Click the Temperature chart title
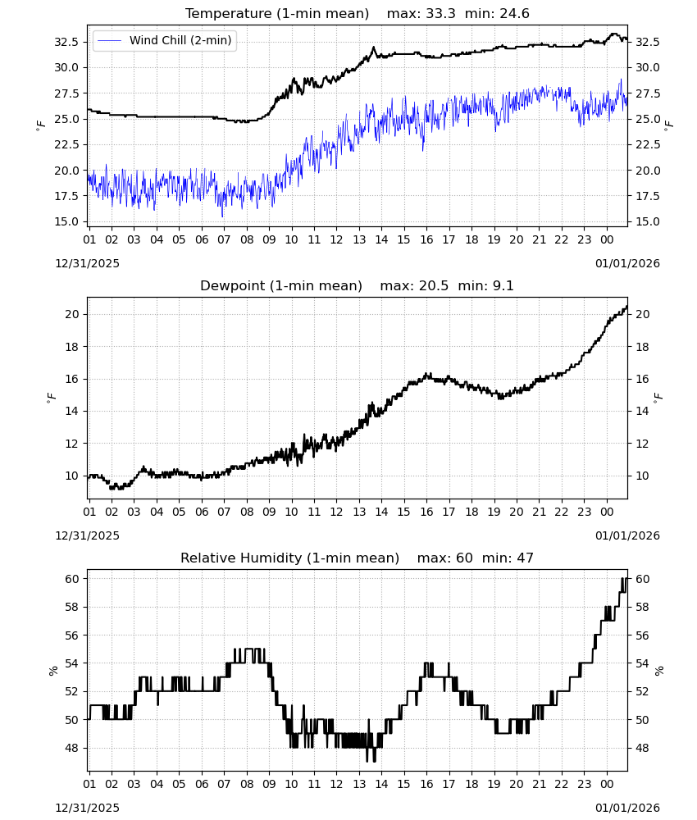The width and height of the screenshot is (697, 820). tap(277, 13)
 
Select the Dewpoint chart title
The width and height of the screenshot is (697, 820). tap(281, 285)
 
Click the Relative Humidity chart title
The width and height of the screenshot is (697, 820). tap(289, 558)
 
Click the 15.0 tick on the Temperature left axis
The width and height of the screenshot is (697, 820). tap(66, 221)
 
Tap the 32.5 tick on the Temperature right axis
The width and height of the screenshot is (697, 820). tap(647, 42)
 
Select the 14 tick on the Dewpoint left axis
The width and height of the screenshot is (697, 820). tap(72, 411)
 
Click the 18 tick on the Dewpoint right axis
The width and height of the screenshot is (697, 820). tap(642, 347)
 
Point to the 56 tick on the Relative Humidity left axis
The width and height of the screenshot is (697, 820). tap(72, 635)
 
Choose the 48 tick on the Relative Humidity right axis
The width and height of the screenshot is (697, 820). tap(642, 748)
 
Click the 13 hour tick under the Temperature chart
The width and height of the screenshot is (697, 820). tap(359, 239)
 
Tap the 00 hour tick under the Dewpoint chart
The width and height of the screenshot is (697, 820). tap(607, 512)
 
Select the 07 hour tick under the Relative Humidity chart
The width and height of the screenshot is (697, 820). tap(224, 784)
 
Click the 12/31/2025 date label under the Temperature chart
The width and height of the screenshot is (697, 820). tap(87, 263)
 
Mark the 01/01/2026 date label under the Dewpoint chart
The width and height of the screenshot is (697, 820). tap(627, 535)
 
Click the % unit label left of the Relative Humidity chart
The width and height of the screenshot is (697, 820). tap(52, 671)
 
